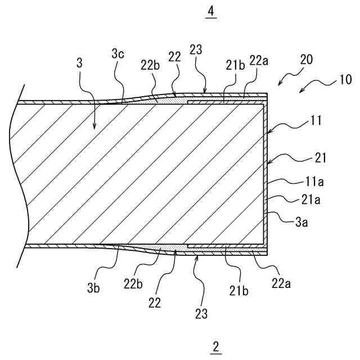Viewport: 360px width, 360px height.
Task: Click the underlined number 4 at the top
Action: pos(211,11)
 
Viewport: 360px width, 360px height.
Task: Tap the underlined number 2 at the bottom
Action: pos(217,346)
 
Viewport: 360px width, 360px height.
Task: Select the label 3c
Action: pos(118,54)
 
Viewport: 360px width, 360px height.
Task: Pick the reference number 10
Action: pos(345,79)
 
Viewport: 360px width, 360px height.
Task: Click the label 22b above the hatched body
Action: pos(151,64)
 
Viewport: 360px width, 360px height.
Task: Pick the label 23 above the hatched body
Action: pos(196,51)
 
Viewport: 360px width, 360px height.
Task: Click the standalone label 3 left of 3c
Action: pos(79,64)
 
